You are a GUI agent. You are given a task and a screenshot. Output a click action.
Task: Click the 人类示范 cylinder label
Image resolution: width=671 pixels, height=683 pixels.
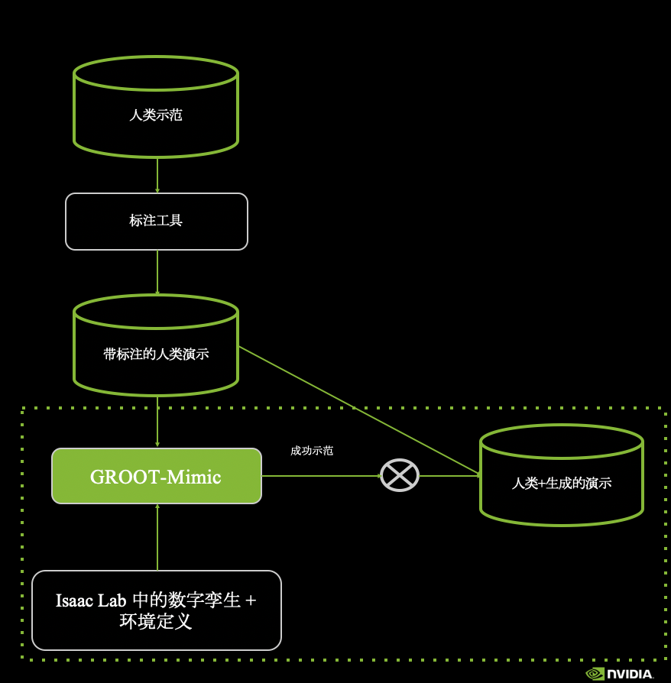click(156, 116)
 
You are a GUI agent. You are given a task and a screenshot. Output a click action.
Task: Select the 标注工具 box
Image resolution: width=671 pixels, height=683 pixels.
click(157, 222)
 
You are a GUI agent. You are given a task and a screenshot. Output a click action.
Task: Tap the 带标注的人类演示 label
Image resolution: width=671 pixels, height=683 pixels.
click(156, 354)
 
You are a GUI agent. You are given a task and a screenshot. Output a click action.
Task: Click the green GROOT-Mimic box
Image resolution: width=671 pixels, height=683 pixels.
click(157, 476)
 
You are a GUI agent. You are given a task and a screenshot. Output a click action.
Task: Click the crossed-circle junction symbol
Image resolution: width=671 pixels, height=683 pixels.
click(400, 475)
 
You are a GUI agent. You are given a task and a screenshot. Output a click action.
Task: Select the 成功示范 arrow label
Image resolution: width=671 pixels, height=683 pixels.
click(312, 451)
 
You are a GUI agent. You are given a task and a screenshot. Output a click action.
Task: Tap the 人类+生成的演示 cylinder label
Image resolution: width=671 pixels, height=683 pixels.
click(562, 483)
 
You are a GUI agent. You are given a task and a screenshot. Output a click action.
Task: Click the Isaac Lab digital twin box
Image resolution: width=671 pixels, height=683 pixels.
click(157, 610)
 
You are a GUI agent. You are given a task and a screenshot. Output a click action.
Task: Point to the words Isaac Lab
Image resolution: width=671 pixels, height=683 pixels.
click(86, 600)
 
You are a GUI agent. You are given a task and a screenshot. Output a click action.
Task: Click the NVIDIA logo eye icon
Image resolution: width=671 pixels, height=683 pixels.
click(595, 674)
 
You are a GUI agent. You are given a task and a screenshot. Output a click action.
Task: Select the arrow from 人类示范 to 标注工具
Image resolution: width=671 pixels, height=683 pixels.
click(157, 175)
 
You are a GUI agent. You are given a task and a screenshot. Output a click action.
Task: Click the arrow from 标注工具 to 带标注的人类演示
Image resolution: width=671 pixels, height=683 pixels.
click(157, 272)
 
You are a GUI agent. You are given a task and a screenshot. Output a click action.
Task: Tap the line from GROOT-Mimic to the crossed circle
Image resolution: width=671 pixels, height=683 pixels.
click(321, 476)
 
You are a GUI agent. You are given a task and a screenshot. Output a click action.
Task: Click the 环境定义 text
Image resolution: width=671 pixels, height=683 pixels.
click(156, 621)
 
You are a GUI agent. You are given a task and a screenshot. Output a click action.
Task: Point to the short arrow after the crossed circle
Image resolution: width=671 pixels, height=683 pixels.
click(451, 476)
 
